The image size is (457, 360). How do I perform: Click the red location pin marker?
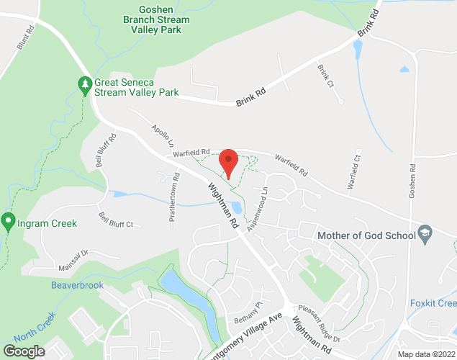coord(228,162)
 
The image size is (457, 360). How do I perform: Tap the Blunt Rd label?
coord(25,39)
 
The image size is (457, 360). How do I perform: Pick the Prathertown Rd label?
coord(174,200)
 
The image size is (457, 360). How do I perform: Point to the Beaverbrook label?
coord(77,285)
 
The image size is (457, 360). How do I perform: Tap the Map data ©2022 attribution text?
coord(426,354)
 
